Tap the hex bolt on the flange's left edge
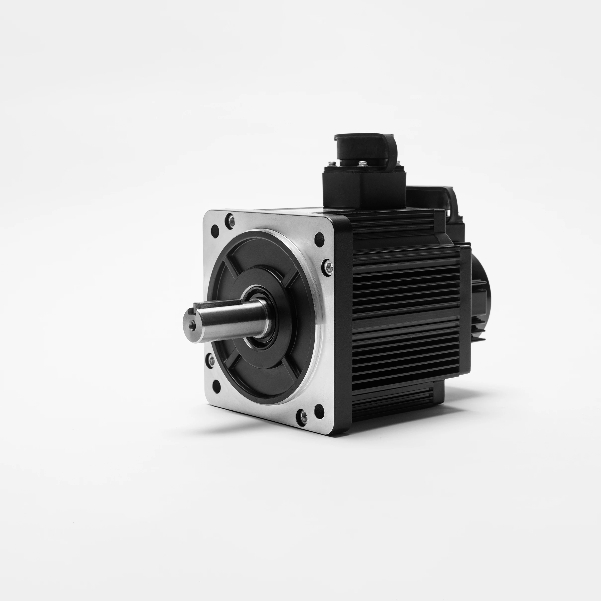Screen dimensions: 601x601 (211, 361)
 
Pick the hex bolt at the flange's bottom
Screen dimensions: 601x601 (303, 417)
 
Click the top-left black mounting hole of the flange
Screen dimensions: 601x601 (215, 230)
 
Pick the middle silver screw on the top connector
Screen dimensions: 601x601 (362, 164)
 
